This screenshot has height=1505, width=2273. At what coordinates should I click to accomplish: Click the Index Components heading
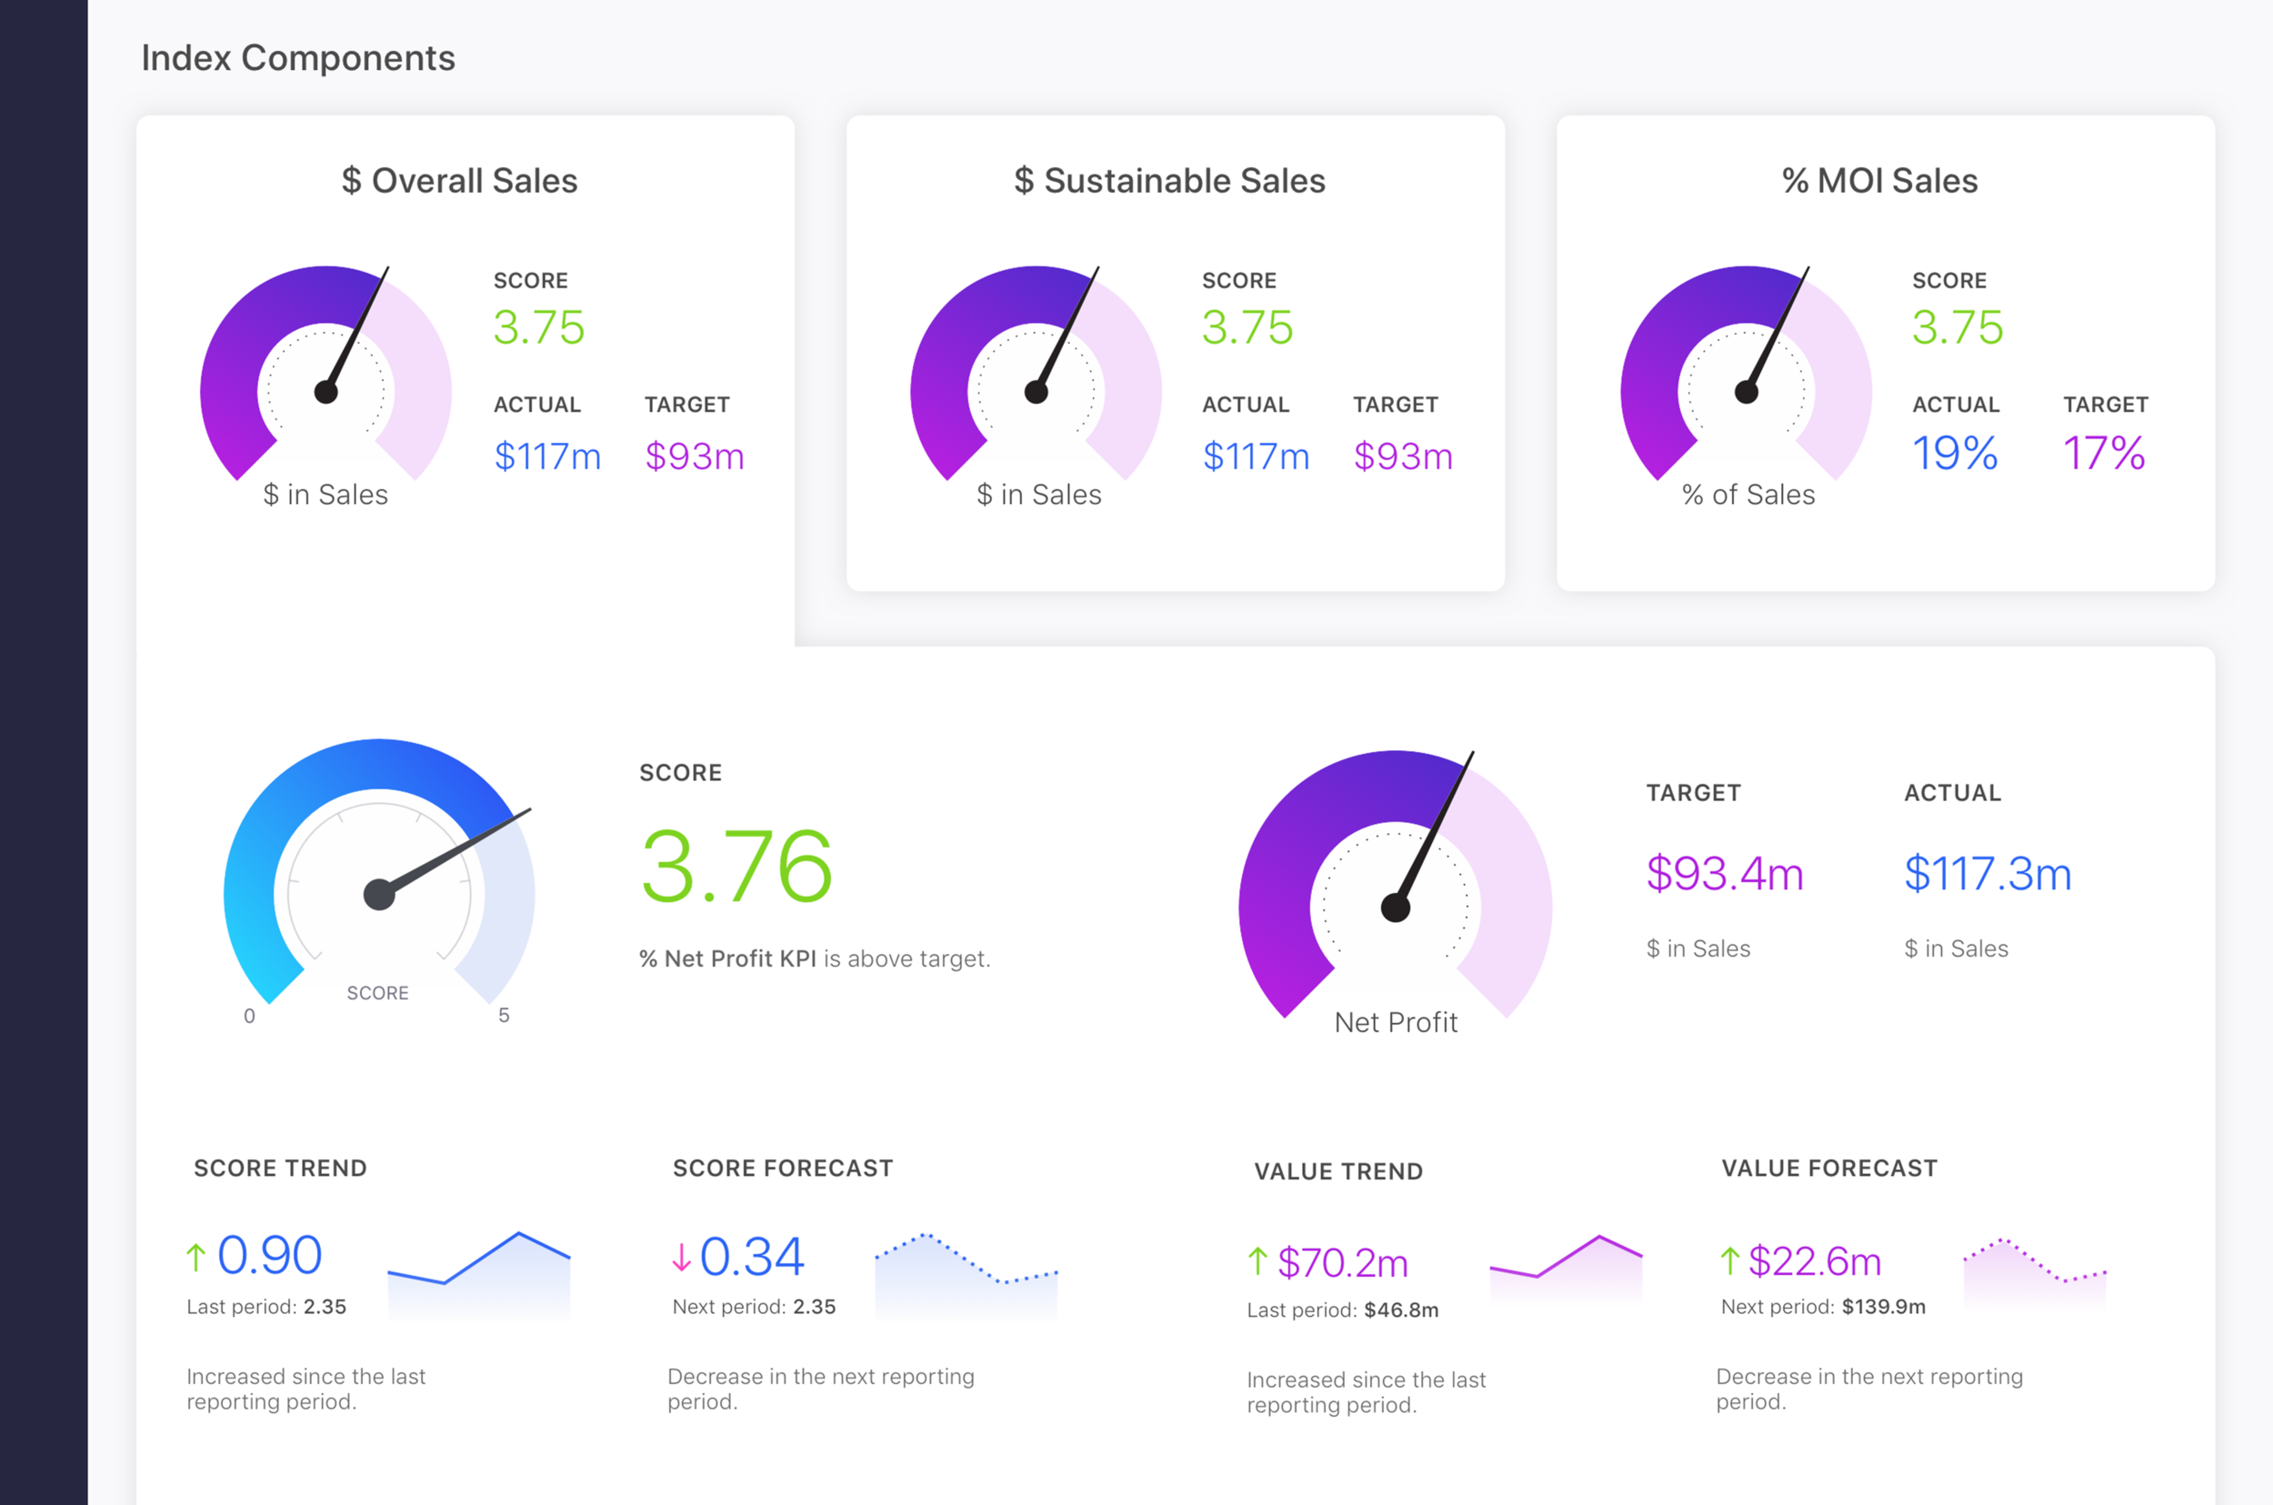(297, 58)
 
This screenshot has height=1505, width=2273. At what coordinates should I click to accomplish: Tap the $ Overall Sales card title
(459, 180)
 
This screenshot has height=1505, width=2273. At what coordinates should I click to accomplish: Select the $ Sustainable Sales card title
(1169, 180)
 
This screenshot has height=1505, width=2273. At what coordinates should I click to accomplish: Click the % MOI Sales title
(1879, 180)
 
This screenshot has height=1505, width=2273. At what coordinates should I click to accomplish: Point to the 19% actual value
(1955, 453)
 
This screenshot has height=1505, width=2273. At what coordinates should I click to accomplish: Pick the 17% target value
(2104, 453)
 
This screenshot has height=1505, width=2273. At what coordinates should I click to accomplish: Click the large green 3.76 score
(736, 867)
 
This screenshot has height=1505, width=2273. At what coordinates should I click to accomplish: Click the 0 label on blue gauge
(249, 1016)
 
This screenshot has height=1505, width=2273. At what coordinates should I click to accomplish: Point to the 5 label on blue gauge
(504, 1016)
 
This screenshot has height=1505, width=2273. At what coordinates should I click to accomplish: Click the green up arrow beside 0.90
(195, 1258)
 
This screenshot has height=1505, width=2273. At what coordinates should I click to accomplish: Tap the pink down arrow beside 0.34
(681, 1258)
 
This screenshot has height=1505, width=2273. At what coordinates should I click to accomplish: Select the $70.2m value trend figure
(1342, 1263)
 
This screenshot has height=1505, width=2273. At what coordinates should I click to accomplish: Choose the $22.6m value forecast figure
(1815, 1261)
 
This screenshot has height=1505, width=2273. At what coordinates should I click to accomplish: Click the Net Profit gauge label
(1395, 1022)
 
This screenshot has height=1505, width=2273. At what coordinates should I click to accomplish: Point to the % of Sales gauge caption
(1748, 496)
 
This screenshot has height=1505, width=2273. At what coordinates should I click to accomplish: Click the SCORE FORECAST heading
(782, 1169)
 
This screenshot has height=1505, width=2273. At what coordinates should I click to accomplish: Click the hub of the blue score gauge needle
(379, 895)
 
